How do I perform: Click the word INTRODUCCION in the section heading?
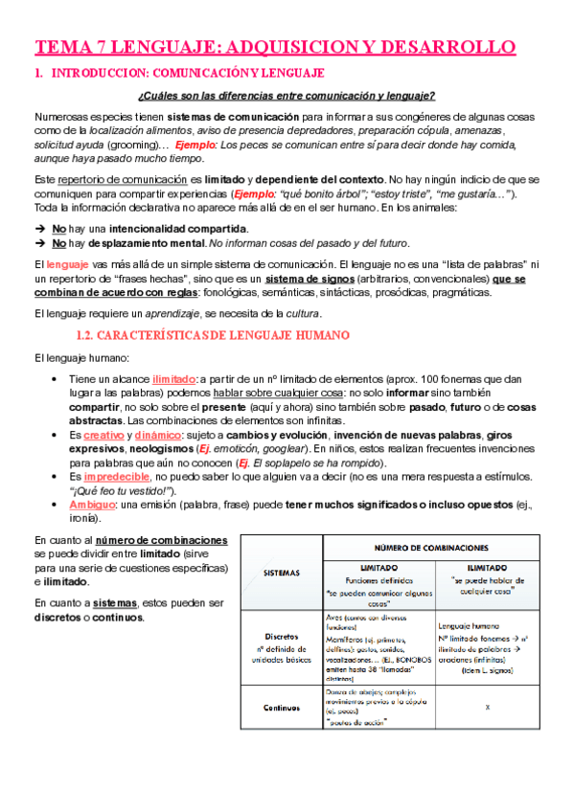pyautogui.click(x=94, y=73)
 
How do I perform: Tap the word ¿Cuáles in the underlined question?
pyautogui.click(x=160, y=95)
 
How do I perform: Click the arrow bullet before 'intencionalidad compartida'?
pyautogui.click(x=39, y=229)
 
